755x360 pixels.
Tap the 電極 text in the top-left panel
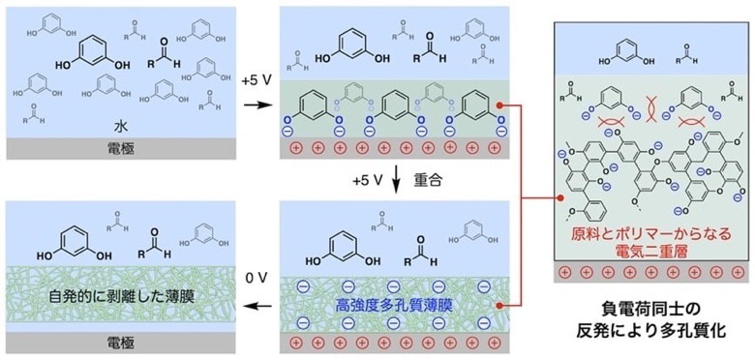(120, 150)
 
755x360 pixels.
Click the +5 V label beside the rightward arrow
(257, 80)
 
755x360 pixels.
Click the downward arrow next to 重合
(397, 181)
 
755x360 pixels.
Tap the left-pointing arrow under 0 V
(256, 306)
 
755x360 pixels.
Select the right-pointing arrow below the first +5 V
(257, 105)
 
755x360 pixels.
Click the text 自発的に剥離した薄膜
(121, 296)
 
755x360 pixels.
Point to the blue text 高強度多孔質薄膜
(395, 306)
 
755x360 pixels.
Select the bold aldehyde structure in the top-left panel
(164, 55)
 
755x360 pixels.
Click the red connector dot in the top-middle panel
(500, 105)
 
